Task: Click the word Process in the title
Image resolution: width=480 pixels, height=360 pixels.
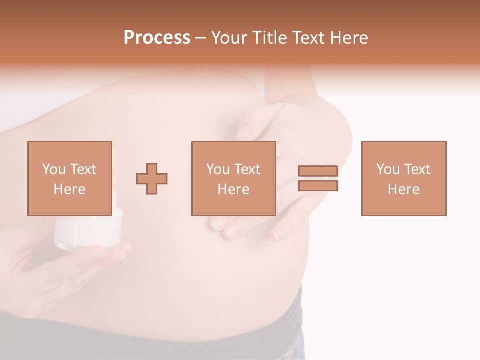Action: coord(157,38)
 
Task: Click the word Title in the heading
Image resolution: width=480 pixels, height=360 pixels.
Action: coord(270,38)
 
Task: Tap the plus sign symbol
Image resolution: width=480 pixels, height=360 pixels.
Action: coord(152,178)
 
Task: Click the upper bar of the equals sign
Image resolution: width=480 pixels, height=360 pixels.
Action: coord(318,171)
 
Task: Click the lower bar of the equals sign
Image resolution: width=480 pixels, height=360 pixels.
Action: coord(318,185)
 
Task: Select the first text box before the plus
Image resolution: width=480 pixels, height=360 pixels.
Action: coord(69,178)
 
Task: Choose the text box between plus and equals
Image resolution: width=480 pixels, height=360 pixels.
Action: coord(233,178)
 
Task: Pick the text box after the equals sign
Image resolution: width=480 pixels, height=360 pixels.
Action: coord(403,178)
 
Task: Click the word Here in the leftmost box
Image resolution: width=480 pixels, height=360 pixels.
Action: coord(69,189)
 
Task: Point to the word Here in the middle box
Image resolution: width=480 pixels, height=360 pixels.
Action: coord(233,189)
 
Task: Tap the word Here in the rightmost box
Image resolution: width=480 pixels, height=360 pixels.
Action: coord(403,189)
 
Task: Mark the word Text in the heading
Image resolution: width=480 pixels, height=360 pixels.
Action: coord(307,38)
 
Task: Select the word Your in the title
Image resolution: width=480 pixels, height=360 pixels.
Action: coord(230,38)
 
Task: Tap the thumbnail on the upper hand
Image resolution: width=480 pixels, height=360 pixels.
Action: coord(243,131)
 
